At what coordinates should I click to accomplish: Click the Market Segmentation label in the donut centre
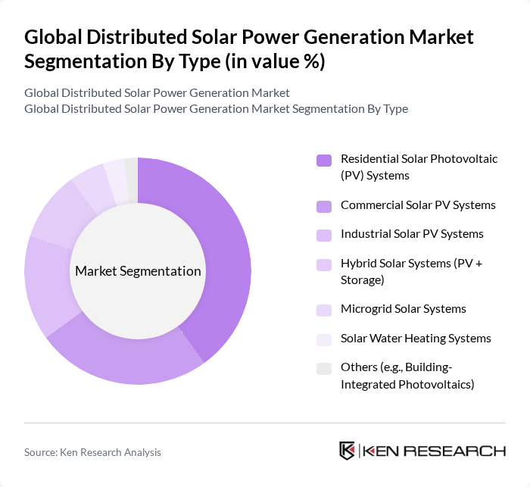coord(138,271)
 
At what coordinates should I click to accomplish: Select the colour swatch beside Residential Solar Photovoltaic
coord(324,160)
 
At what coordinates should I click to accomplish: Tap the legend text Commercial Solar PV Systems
coord(418,205)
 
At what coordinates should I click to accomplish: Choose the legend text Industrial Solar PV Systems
coord(412,234)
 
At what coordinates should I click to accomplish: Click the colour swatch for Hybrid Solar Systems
coord(324,264)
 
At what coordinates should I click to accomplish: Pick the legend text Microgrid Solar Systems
coord(403,309)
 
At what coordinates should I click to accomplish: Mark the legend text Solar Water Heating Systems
coord(416,338)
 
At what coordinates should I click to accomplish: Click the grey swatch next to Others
coord(324,368)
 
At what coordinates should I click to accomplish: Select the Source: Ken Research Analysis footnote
coord(92,452)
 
